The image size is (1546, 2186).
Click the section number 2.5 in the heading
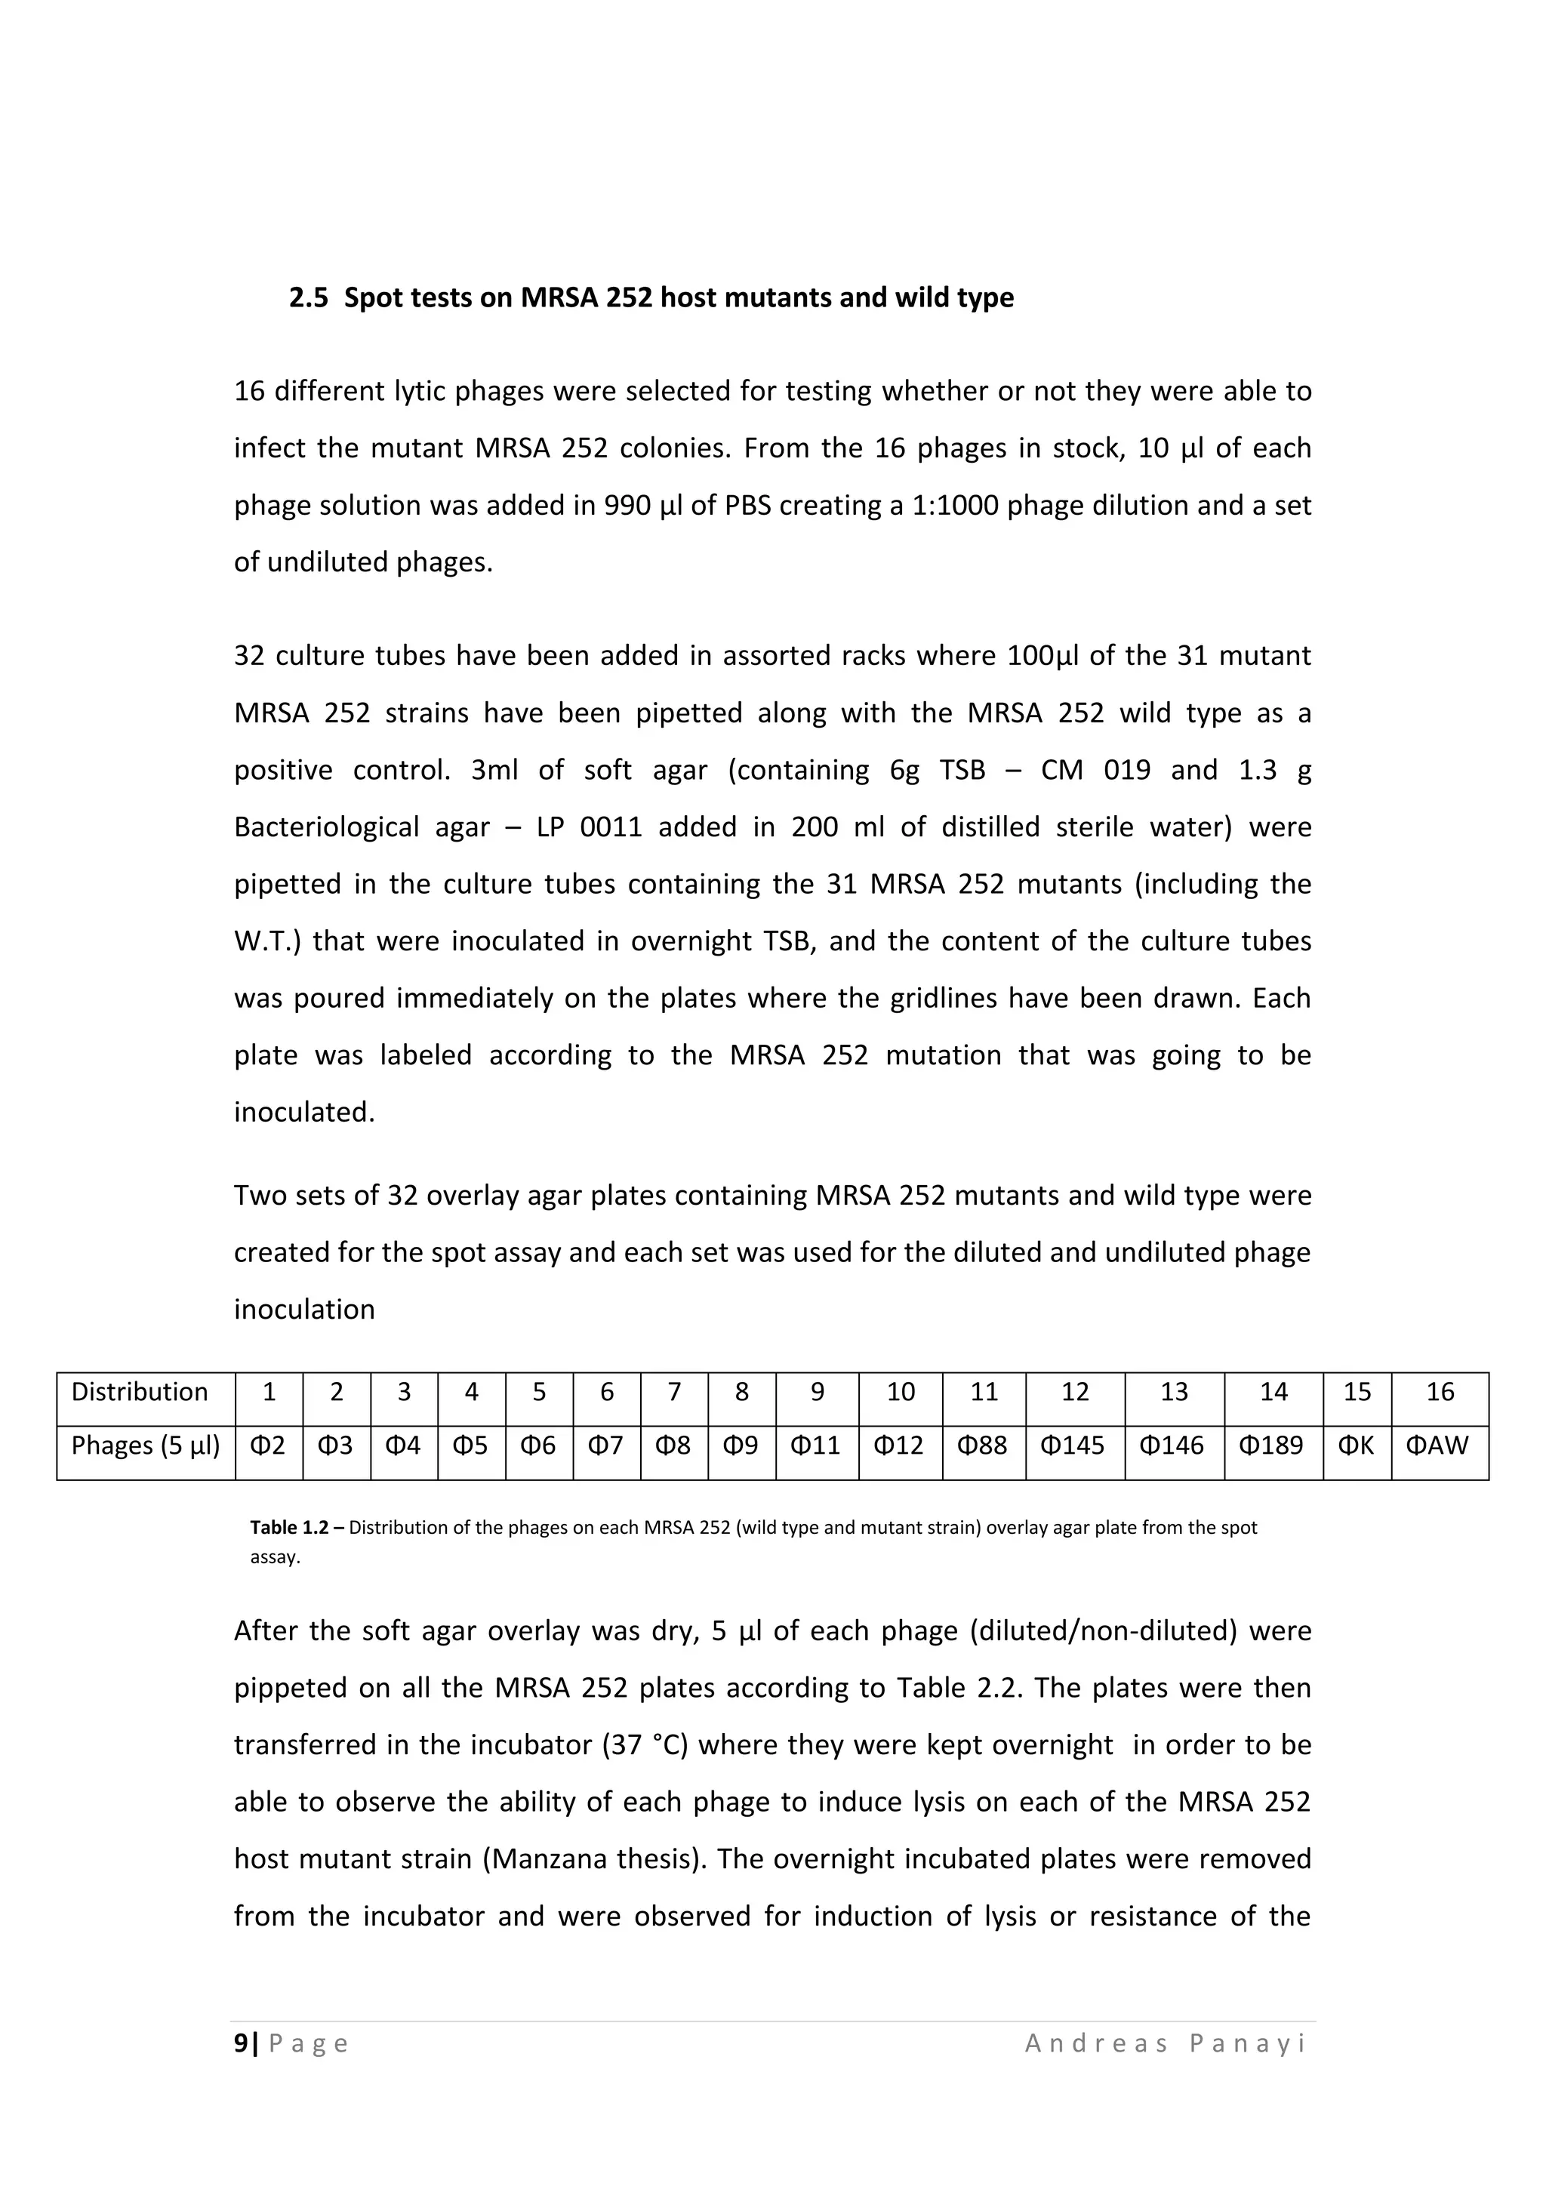[x=309, y=298]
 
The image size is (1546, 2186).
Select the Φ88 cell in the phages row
[x=984, y=1446]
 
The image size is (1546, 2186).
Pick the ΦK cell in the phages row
[x=1356, y=1446]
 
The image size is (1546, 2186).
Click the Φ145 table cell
[x=1074, y=1446]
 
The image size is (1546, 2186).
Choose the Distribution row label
[x=139, y=1392]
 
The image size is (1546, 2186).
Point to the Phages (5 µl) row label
[x=145, y=1446]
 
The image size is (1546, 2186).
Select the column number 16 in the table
[x=1440, y=1392]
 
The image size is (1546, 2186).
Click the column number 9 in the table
[x=817, y=1392]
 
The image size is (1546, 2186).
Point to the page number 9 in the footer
[x=241, y=2043]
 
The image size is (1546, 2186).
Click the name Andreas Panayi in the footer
[x=1166, y=2043]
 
